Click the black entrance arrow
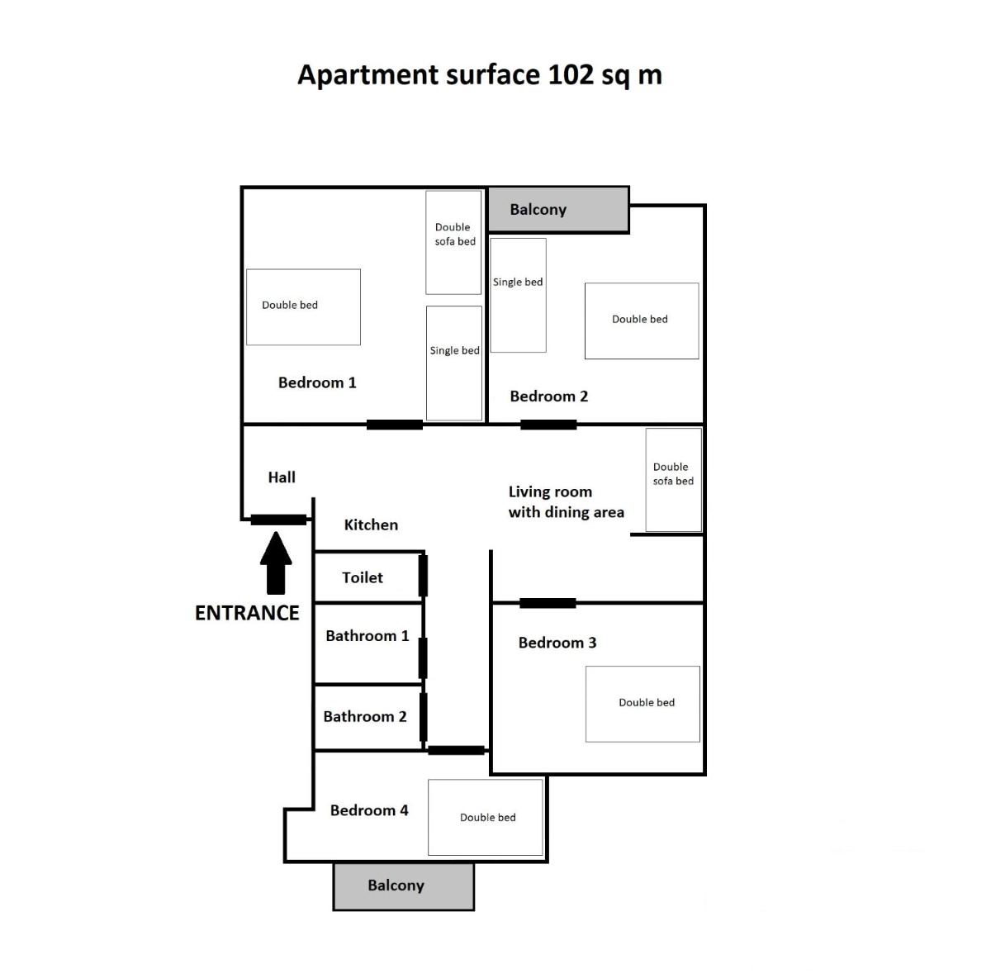point(276,563)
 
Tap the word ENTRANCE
point(247,613)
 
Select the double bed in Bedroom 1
point(303,307)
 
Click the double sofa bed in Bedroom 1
point(453,243)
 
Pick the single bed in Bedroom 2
point(519,296)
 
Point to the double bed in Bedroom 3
point(642,705)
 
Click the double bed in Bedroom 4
point(486,818)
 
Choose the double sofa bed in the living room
point(674,480)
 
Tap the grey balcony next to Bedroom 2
point(558,209)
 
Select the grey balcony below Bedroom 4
point(404,886)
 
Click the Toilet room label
point(363,577)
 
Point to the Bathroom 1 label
point(367,636)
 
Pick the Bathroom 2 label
point(365,717)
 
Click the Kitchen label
point(371,525)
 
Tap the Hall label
point(282,477)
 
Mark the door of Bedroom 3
point(548,603)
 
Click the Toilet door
point(423,575)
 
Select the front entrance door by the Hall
point(279,520)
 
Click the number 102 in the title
point(571,74)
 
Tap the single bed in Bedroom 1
point(454,363)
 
